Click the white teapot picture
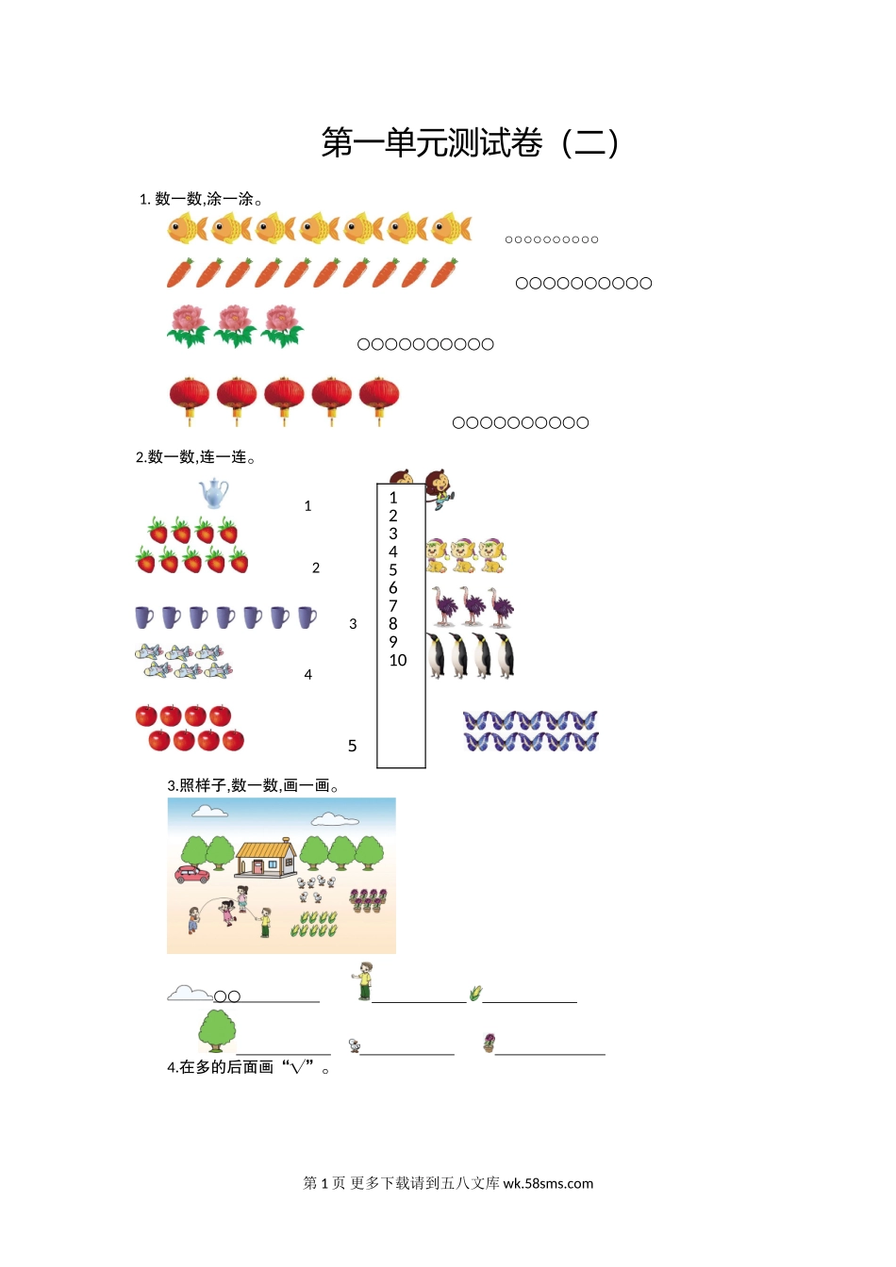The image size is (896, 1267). coord(213,493)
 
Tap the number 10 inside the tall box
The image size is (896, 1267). coord(398,660)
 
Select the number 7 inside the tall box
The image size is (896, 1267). coord(392,606)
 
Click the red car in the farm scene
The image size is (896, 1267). coord(191,874)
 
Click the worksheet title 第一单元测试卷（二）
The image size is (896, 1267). coord(471,142)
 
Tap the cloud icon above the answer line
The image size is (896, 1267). coord(190,994)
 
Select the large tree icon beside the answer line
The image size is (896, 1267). coord(217,1031)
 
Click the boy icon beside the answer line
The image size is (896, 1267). coord(363,980)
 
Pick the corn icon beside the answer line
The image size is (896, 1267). coord(475,993)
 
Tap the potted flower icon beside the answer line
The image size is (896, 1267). coord(489,1043)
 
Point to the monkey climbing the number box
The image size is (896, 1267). coord(439,488)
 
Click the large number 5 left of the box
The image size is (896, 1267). coord(352,746)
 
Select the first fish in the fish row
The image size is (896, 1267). coord(188,228)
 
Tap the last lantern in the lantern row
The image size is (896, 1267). coord(378,401)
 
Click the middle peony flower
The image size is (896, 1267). coord(235,326)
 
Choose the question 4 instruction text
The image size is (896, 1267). coord(248,1067)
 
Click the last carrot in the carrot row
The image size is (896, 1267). coord(444,272)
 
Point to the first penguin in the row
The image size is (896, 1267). coord(436,655)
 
